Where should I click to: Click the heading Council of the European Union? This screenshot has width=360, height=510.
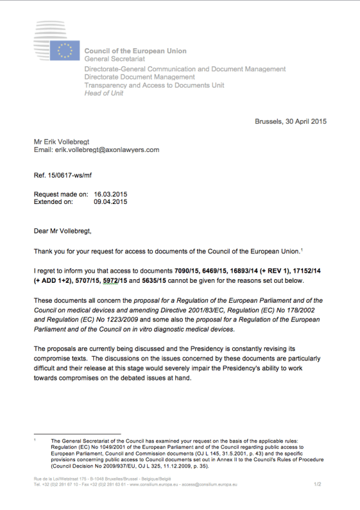point(135,51)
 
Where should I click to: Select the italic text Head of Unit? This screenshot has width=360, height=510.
point(103,93)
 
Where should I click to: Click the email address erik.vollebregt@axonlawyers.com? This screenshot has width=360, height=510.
point(108,150)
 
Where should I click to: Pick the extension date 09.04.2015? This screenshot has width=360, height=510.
point(110,202)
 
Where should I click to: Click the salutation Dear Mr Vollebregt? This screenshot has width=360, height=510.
point(63,231)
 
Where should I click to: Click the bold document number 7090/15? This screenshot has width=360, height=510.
point(188,272)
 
